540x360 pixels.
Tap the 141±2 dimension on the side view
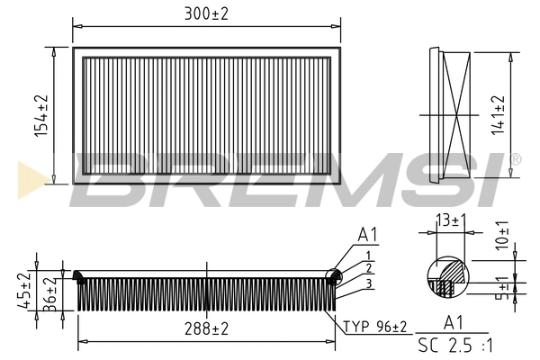click(x=498, y=114)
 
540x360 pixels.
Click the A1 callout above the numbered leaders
click(x=367, y=236)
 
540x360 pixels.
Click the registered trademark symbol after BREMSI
click(x=514, y=160)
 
